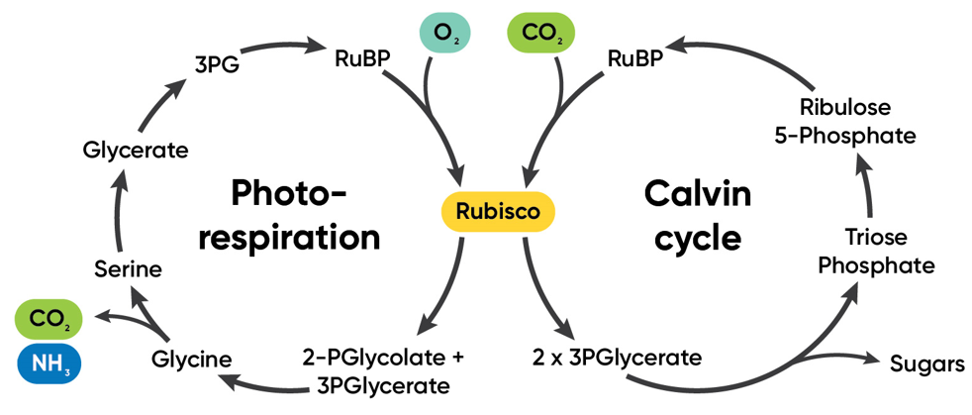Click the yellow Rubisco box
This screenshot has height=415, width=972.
tap(497, 211)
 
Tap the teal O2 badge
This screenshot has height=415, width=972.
tap(442, 33)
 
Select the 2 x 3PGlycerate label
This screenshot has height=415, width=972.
tap(618, 356)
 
